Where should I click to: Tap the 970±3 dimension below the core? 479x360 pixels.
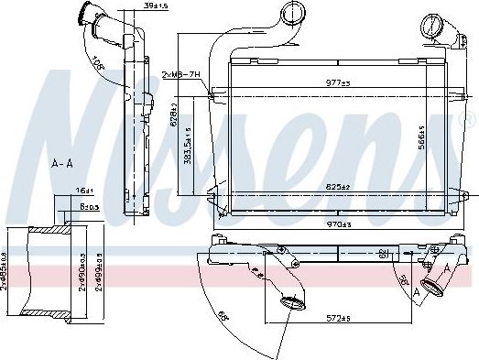[339, 224]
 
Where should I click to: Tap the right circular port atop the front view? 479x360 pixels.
[430, 26]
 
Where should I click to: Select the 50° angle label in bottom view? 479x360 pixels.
[402, 278]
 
